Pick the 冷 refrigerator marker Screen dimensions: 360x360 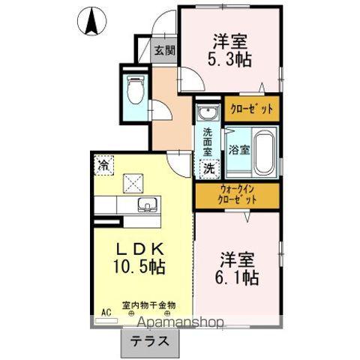(x=103, y=162)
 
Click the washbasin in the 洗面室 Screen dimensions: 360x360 (x=207, y=115)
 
